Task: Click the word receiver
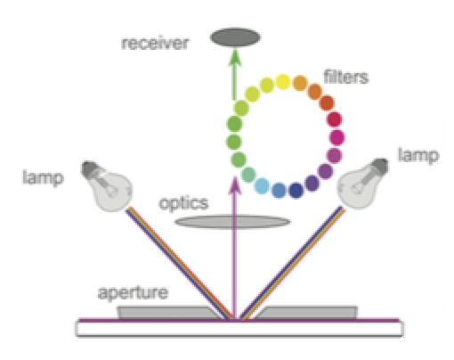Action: coord(155,44)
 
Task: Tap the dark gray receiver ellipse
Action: coord(235,37)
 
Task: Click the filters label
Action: coord(346,77)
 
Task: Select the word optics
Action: coord(184,204)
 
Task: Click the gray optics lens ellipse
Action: coord(232,222)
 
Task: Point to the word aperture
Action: coord(133,293)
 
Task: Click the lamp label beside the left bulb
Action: coord(44,178)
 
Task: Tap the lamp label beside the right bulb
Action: coord(418,155)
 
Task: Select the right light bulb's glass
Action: coord(355,188)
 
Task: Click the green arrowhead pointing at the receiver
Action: coord(235,58)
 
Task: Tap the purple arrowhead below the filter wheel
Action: coord(235,186)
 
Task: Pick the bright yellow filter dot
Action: coord(283,81)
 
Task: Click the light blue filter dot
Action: coord(262,186)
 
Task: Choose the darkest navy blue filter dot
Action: coord(296,191)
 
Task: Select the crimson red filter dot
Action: coord(335,119)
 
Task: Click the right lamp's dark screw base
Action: coord(378,167)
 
